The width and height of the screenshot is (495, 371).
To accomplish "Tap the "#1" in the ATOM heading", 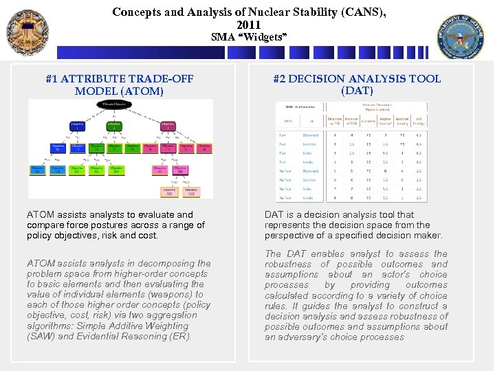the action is pyautogui.click(x=52, y=79).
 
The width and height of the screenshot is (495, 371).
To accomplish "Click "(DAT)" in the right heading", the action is pyautogui.click(x=357, y=90).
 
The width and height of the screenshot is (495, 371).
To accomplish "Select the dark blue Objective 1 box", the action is pyautogui.click(x=78, y=126).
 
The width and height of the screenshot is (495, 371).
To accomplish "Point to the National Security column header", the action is pyautogui.click(x=401, y=122).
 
